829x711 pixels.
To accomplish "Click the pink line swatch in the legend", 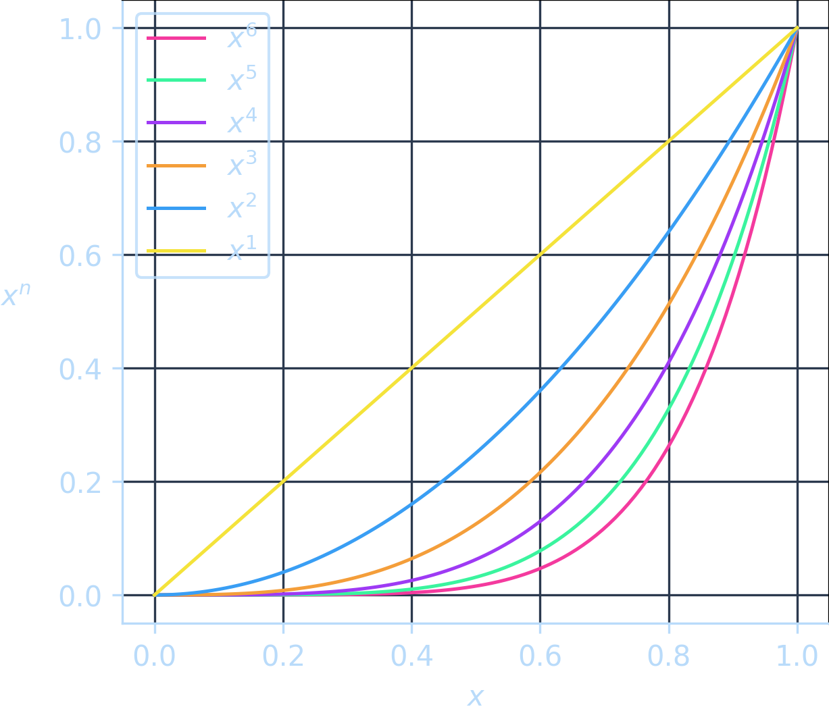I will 176,38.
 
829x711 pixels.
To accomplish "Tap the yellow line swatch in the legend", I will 176,251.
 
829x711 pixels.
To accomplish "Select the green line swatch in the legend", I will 176,80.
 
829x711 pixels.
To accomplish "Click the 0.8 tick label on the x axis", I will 669,656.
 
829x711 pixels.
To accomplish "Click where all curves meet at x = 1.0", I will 797,28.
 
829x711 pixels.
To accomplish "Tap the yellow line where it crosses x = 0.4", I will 412,368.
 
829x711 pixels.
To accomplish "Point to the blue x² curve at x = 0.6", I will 541,391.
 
